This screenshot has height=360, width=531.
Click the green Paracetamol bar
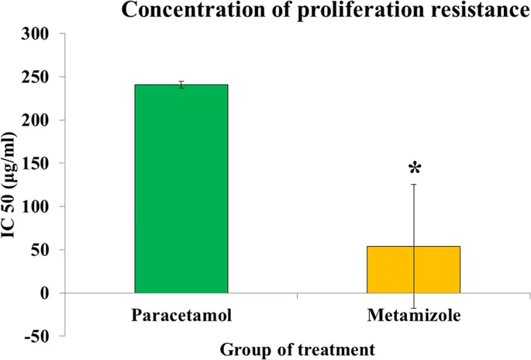point(181,189)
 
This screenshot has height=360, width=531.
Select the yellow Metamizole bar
point(414,269)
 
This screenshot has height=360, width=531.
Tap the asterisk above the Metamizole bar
point(415,168)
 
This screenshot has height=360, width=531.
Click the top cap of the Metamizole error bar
point(414,185)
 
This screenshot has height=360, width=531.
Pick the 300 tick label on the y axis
point(38,34)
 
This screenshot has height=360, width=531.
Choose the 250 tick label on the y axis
point(38,78)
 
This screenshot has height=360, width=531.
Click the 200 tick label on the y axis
point(38,120)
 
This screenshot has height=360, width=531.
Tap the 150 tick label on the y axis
point(38,164)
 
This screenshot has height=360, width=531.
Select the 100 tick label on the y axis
point(38,207)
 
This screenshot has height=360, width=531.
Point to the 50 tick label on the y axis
point(42,250)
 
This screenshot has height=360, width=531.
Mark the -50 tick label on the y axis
point(40,336)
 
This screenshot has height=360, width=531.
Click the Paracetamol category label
point(181,316)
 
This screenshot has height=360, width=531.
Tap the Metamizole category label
point(414,316)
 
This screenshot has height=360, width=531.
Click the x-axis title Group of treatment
point(298,349)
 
